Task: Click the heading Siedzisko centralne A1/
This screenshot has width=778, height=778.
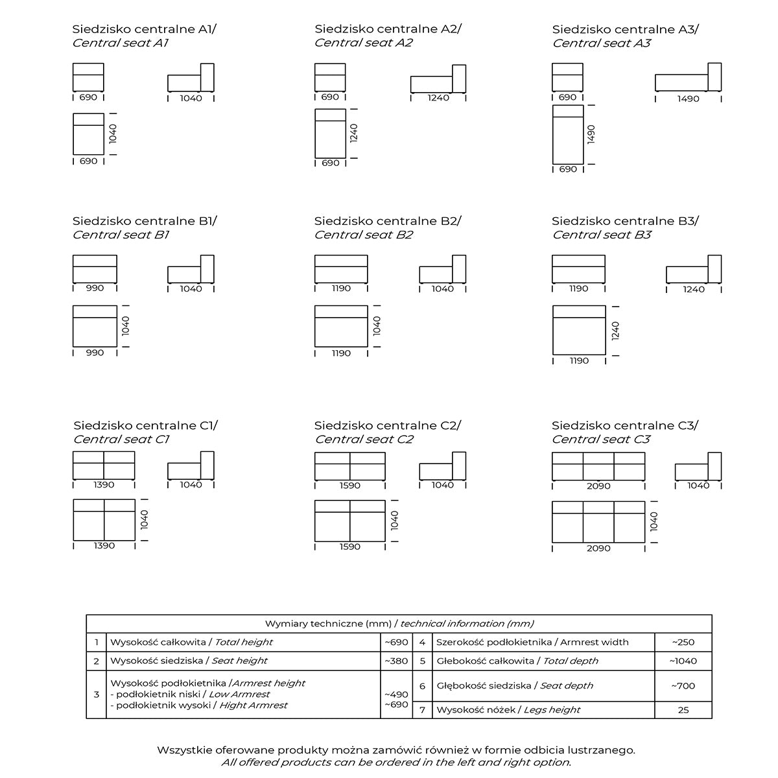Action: (x=145, y=29)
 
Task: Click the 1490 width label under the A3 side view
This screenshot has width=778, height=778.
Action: (x=689, y=99)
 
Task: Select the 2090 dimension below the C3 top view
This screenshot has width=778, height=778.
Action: (x=598, y=548)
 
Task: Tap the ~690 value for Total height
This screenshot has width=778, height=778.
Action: (x=396, y=642)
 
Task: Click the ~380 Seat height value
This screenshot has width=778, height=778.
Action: (x=396, y=661)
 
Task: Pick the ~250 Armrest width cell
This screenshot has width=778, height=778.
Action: (x=683, y=642)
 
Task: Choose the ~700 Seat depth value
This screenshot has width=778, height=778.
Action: (x=683, y=685)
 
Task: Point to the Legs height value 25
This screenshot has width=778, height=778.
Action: (x=683, y=710)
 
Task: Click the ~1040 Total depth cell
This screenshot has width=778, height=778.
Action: (x=683, y=661)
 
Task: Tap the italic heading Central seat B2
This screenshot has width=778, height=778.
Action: (x=364, y=235)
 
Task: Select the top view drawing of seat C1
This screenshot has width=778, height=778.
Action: (x=104, y=520)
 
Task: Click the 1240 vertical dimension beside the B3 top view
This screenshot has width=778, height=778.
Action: (x=616, y=331)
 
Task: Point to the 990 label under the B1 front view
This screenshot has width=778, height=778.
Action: (x=95, y=289)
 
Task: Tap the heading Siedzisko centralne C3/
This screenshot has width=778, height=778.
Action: (x=625, y=425)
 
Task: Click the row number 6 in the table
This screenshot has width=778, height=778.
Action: (x=422, y=685)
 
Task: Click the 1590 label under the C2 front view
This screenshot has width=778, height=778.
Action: (x=350, y=485)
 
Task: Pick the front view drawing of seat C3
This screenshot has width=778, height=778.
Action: (x=598, y=467)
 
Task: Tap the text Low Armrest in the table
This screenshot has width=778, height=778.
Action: (x=239, y=694)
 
